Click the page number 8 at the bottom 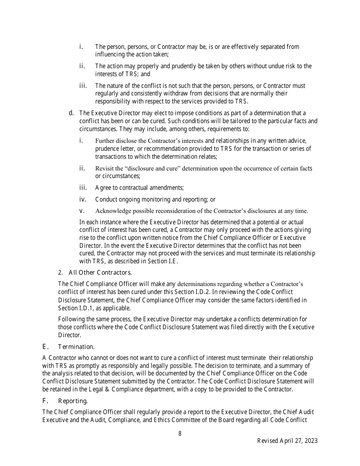click(180, 434)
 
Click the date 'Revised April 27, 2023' click(287, 441)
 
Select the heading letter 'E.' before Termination click(45, 347)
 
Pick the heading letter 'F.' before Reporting click(45, 401)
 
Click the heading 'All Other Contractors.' click(100, 272)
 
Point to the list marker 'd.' click(71, 113)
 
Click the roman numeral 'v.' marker click(81, 211)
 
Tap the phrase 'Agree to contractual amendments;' click(139, 188)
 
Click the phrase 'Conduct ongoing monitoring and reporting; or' click(155, 199)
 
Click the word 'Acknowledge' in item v click(113, 211)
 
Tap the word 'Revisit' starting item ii click(104, 168)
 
